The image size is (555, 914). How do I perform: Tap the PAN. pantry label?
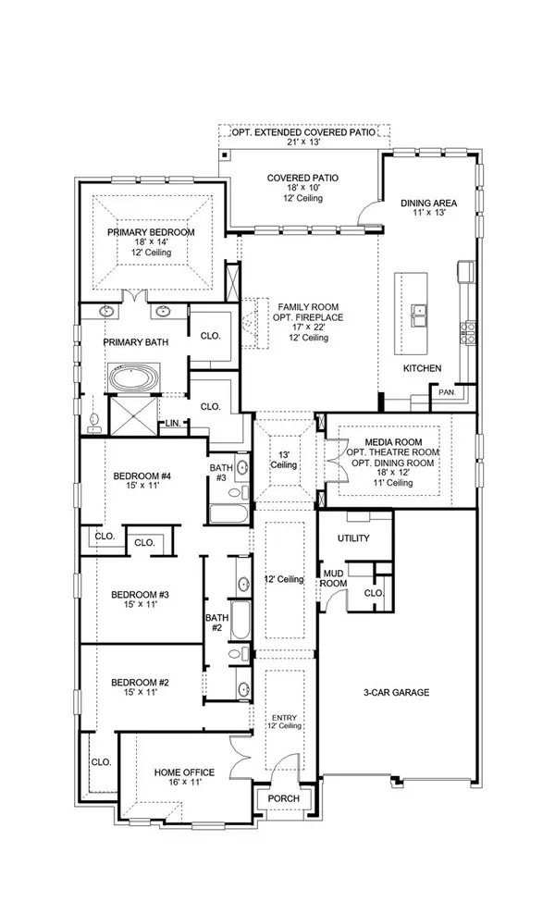coord(446,393)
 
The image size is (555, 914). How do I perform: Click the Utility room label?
coord(354,537)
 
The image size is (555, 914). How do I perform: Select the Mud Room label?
coord(333,578)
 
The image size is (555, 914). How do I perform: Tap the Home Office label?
coord(184,772)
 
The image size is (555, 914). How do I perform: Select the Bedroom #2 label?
coord(140,682)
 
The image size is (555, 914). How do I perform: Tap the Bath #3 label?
coord(222,473)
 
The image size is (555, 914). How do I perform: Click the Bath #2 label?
coord(216,622)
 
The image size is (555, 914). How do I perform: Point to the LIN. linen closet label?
coord(172,424)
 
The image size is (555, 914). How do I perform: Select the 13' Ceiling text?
coord(284,459)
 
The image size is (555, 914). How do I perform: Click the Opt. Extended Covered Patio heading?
coord(302,132)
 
